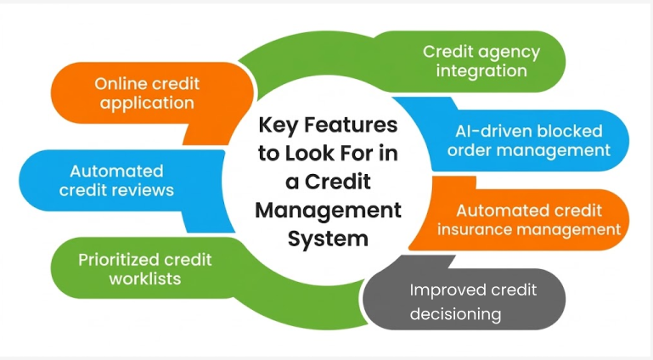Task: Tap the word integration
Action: coord(481,70)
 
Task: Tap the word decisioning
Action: coord(455,314)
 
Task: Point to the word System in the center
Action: coord(328,239)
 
